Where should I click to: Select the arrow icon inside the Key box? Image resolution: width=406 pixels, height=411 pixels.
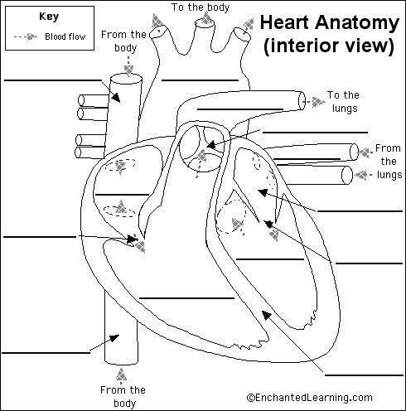[x=30, y=37]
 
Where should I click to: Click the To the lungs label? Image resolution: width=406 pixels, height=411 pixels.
[x=342, y=101]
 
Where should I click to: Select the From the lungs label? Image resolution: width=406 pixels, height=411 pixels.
[x=387, y=162]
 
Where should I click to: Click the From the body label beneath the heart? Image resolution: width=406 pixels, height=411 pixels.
[x=122, y=396]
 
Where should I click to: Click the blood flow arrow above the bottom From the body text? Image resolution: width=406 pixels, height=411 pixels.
[x=122, y=374]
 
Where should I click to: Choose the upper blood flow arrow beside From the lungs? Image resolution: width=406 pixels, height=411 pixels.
[x=363, y=152]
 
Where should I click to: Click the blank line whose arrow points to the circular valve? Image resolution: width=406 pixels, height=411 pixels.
[x=315, y=132]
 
